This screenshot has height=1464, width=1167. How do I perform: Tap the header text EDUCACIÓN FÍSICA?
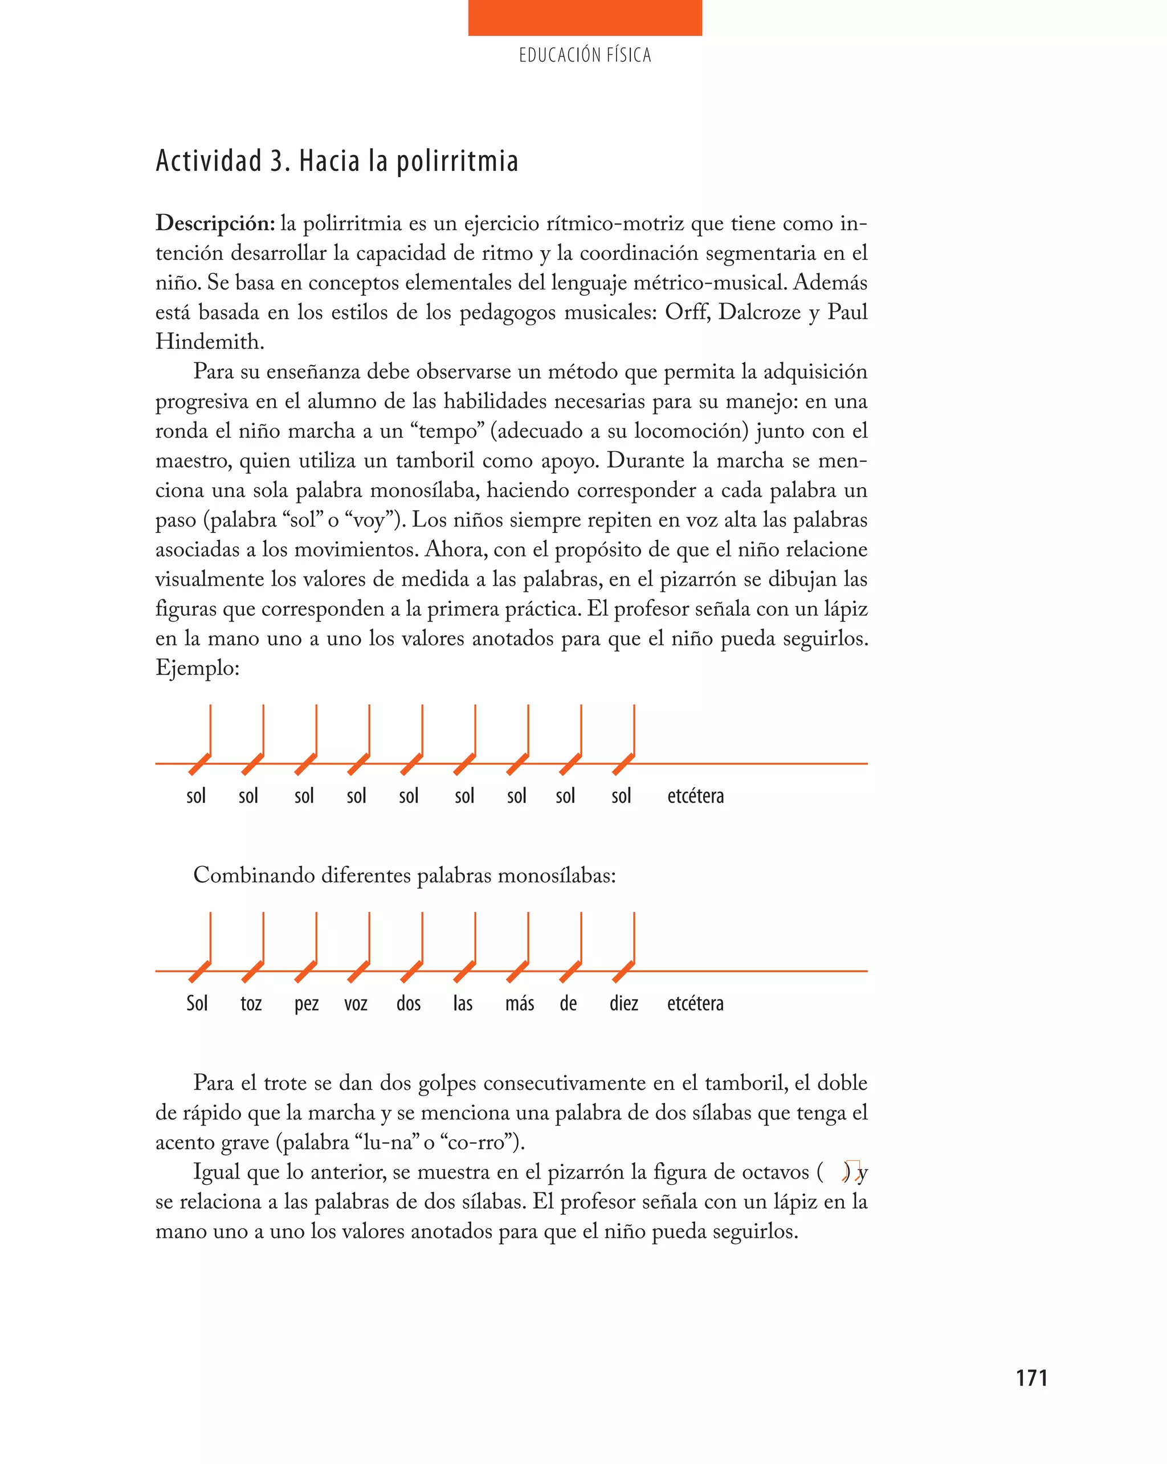tap(585, 55)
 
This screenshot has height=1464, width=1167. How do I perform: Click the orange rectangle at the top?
tap(585, 18)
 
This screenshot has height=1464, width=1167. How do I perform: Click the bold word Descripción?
tap(215, 223)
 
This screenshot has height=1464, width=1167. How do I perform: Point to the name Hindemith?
tap(209, 342)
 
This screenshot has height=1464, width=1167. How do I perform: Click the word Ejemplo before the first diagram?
tap(197, 668)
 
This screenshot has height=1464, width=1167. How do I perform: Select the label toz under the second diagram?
tap(251, 1003)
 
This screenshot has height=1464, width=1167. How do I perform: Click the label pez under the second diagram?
tap(307, 1004)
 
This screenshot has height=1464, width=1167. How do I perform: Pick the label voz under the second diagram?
tap(356, 1003)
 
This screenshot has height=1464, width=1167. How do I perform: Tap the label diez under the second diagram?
tap(623, 1003)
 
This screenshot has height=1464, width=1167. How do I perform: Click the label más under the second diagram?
tap(520, 1003)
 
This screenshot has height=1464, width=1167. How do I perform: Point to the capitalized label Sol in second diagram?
tap(197, 1003)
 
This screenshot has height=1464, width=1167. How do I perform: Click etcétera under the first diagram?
tap(696, 795)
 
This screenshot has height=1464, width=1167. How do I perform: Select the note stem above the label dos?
tap(422, 937)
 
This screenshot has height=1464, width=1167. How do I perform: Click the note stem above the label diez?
tap(634, 937)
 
